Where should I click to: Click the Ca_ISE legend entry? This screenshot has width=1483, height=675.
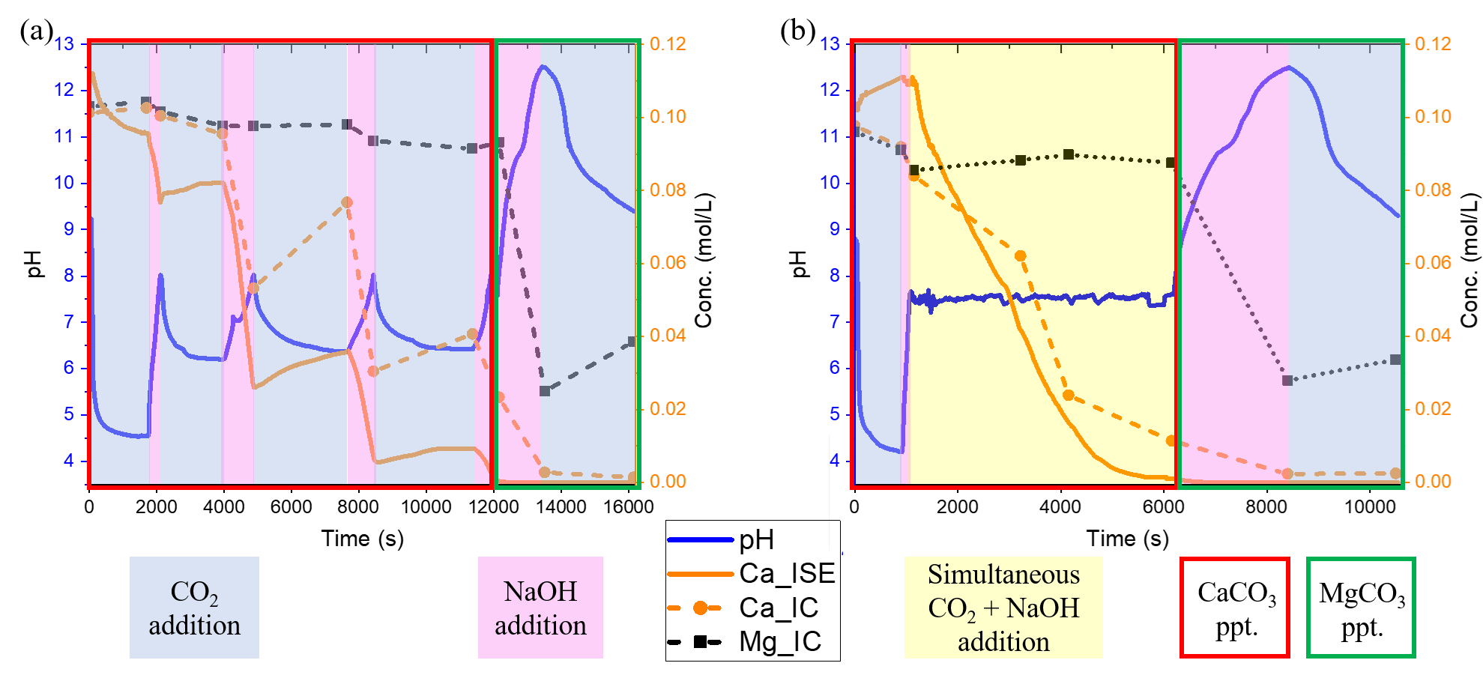pyautogui.click(x=752, y=574)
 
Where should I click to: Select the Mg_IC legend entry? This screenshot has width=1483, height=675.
pyautogui.click(x=752, y=642)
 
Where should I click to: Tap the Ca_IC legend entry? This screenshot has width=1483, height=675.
pyautogui.click(x=752, y=608)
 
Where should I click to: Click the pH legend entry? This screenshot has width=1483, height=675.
pyautogui.click(x=752, y=540)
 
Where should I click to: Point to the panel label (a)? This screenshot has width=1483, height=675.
pyautogui.click(x=37, y=31)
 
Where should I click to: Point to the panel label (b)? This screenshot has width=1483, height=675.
pyautogui.click(x=797, y=31)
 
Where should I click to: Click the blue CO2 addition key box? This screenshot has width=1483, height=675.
pyautogui.click(x=194, y=608)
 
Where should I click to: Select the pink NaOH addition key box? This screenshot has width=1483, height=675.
pyautogui.click(x=540, y=608)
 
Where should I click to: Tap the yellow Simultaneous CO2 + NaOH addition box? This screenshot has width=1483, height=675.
pyautogui.click(x=1003, y=608)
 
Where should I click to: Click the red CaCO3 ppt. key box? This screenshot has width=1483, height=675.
pyautogui.click(x=1235, y=608)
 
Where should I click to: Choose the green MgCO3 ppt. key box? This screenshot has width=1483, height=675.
pyautogui.click(x=1361, y=608)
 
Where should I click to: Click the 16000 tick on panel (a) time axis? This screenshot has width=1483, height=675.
pyautogui.click(x=628, y=507)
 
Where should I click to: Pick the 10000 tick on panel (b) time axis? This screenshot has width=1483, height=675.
pyautogui.click(x=1370, y=507)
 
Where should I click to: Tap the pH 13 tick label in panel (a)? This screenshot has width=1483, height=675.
pyautogui.click(x=65, y=44)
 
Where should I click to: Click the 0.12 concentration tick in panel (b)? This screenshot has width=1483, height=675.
pyautogui.click(x=1433, y=44)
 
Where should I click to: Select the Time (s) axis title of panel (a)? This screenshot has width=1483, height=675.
pyautogui.click(x=363, y=539)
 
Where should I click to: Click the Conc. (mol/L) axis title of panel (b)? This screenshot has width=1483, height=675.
pyautogui.click(x=1470, y=261)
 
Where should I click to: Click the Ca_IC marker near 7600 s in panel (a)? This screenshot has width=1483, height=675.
pyautogui.click(x=346, y=202)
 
